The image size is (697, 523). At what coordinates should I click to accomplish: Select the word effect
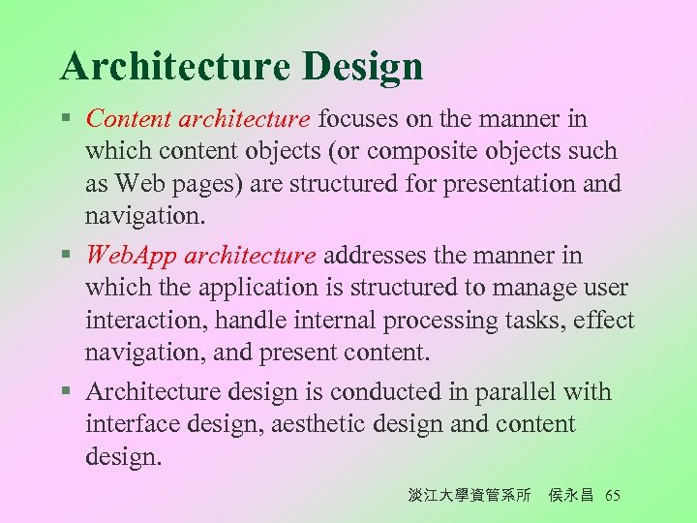(x=600, y=321)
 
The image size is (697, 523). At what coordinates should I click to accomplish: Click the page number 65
(x=612, y=496)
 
